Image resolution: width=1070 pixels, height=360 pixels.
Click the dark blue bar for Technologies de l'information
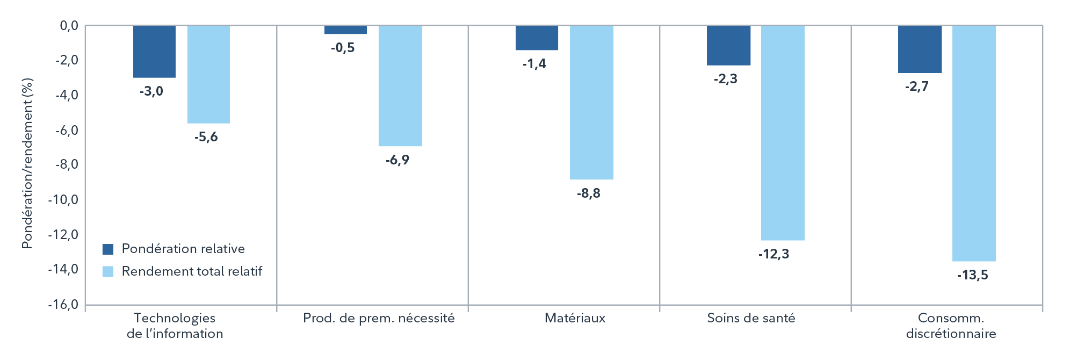point(154,52)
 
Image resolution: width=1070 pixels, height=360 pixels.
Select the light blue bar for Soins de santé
point(783,133)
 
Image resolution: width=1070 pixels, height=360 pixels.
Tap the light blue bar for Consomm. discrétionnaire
point(974,143)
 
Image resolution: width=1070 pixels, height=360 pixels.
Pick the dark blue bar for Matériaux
point(537,38)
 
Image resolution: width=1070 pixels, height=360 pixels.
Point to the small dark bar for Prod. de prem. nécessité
point(345,30)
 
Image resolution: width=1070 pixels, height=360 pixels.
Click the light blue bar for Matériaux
point(591,102)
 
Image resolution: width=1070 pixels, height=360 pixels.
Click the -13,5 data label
point(972,276)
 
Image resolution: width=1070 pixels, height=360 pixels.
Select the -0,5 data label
point(343,48)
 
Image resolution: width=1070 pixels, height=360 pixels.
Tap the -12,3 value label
point(773,254)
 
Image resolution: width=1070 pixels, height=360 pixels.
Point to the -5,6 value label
point(206,137)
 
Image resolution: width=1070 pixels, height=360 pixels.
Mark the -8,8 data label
point(588,193)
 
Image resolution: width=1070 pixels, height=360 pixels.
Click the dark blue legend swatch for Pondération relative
point(108,249)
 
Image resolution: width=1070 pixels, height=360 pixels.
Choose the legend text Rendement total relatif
point(192,271)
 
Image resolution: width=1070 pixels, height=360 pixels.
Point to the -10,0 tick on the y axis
point(63,200)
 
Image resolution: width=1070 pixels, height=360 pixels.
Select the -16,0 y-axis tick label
point(63,305)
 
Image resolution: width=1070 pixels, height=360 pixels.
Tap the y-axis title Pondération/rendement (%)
point(27,163)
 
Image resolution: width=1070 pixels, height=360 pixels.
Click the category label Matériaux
point(575,318)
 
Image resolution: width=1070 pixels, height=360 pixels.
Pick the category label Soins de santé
point(751,318)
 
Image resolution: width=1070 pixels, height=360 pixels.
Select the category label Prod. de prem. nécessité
point(379,318)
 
